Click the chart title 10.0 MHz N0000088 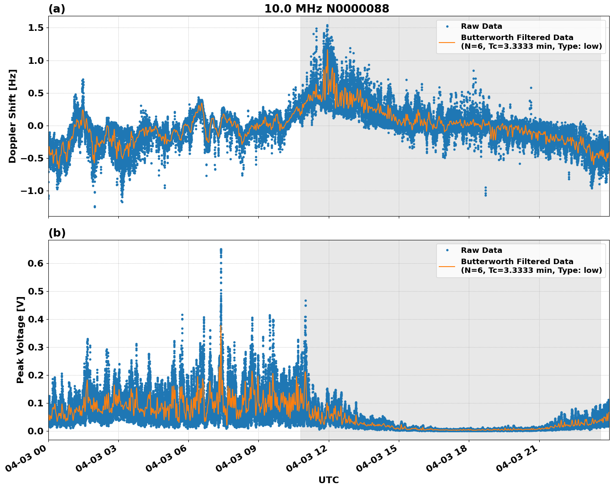pyautogui.click(x=326, y=9)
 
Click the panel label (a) pyautogui.click(x=57, y=9)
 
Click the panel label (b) pyautogui.click(x=57, y=233)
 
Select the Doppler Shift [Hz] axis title pyautogui.click(x=13, y=116)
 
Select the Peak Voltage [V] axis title pyautogui.click(x=20, y=340)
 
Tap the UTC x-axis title pyautogui.click(x=328, y=480)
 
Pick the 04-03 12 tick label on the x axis pyautogui.click(x=308, y=461)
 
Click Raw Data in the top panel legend pyautogui.click(x=481, y=26)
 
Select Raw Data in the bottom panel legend pyautogui.click(x=481, y=250)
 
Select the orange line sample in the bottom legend pyautogui.click(x=447, y=266)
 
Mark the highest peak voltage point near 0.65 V pyautogui.click(x=221, y=250)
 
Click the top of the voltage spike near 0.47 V pyautogui.click(x=305, y=300)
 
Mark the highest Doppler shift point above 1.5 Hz pyautogui.click(x=327, y=25)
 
